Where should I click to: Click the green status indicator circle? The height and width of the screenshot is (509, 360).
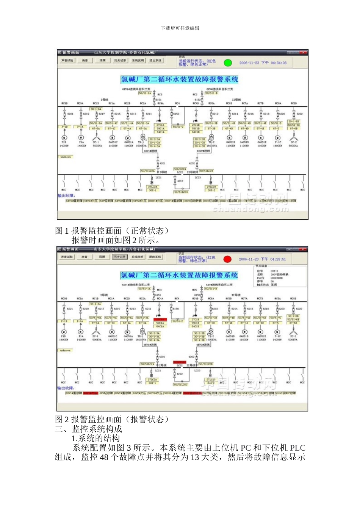coord(227,63)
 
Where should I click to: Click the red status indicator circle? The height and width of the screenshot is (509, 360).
coord(227,259)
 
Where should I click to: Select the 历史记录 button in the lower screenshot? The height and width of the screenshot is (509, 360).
coord(119,257)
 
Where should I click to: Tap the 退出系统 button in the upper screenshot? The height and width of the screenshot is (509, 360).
coord(155,61)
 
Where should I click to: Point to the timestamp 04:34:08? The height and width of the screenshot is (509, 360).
coord(279,63)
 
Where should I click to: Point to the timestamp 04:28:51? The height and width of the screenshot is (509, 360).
coord(278,259)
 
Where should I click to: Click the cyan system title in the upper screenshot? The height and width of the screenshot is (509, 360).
coord(179,79)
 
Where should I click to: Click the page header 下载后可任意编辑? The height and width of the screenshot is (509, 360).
coord(180,28)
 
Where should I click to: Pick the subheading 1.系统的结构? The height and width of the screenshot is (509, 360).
coord(95,438)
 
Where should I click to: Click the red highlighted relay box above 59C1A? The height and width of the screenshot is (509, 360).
coord(160,320)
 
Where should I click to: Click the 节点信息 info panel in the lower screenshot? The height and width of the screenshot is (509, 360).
coord(279,276)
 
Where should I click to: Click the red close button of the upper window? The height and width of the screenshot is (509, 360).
coord(303,52)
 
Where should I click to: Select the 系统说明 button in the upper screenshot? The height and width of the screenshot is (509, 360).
coord(138,61)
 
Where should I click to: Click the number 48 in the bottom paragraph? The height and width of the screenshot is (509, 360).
coord(104,457)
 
